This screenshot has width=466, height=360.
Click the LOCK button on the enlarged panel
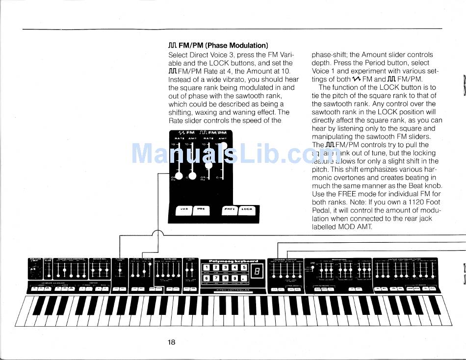(x=247, y=209)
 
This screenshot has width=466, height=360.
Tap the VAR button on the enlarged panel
(x=184, y=209)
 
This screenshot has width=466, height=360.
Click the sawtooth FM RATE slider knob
(x=180, y=177)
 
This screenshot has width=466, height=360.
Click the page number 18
(x=171, y=342)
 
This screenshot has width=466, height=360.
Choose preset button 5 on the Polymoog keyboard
(x=244, y=268)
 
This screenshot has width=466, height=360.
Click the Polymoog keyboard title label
(x=230, y=261)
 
